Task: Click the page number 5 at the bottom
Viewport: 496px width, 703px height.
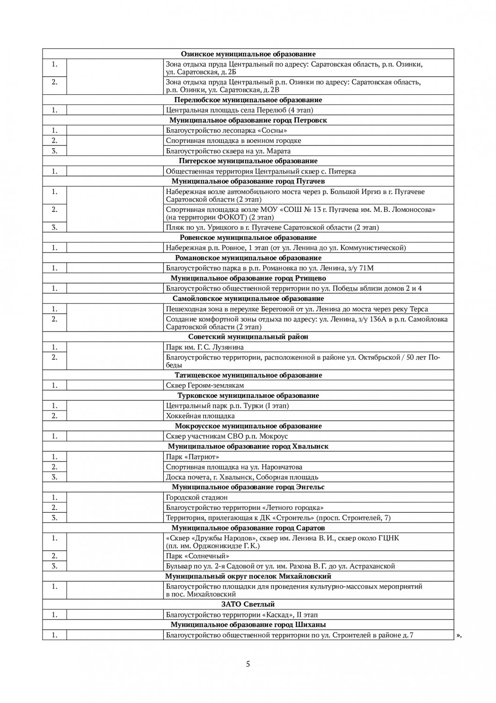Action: (248, 664)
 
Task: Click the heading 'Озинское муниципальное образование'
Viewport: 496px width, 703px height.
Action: (248, 54)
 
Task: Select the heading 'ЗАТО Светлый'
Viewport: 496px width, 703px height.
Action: (248, 604)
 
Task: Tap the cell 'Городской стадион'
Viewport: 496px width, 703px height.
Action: (197, 497)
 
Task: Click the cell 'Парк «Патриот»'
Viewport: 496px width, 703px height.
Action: (193, 456)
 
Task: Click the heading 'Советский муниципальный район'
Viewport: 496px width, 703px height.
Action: (248, 337)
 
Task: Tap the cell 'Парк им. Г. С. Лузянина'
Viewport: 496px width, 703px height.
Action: (204, 347)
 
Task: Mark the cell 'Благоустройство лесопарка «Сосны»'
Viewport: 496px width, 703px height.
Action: (226, 130)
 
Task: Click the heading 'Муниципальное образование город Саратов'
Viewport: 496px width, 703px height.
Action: (248, 528)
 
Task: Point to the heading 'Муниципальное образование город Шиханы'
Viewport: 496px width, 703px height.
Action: (248, 625)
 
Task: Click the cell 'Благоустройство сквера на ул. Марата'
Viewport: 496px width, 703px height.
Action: (228, 151)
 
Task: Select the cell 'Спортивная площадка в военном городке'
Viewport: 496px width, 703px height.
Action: (233, 141)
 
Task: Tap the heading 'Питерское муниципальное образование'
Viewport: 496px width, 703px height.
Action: (248, 161)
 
